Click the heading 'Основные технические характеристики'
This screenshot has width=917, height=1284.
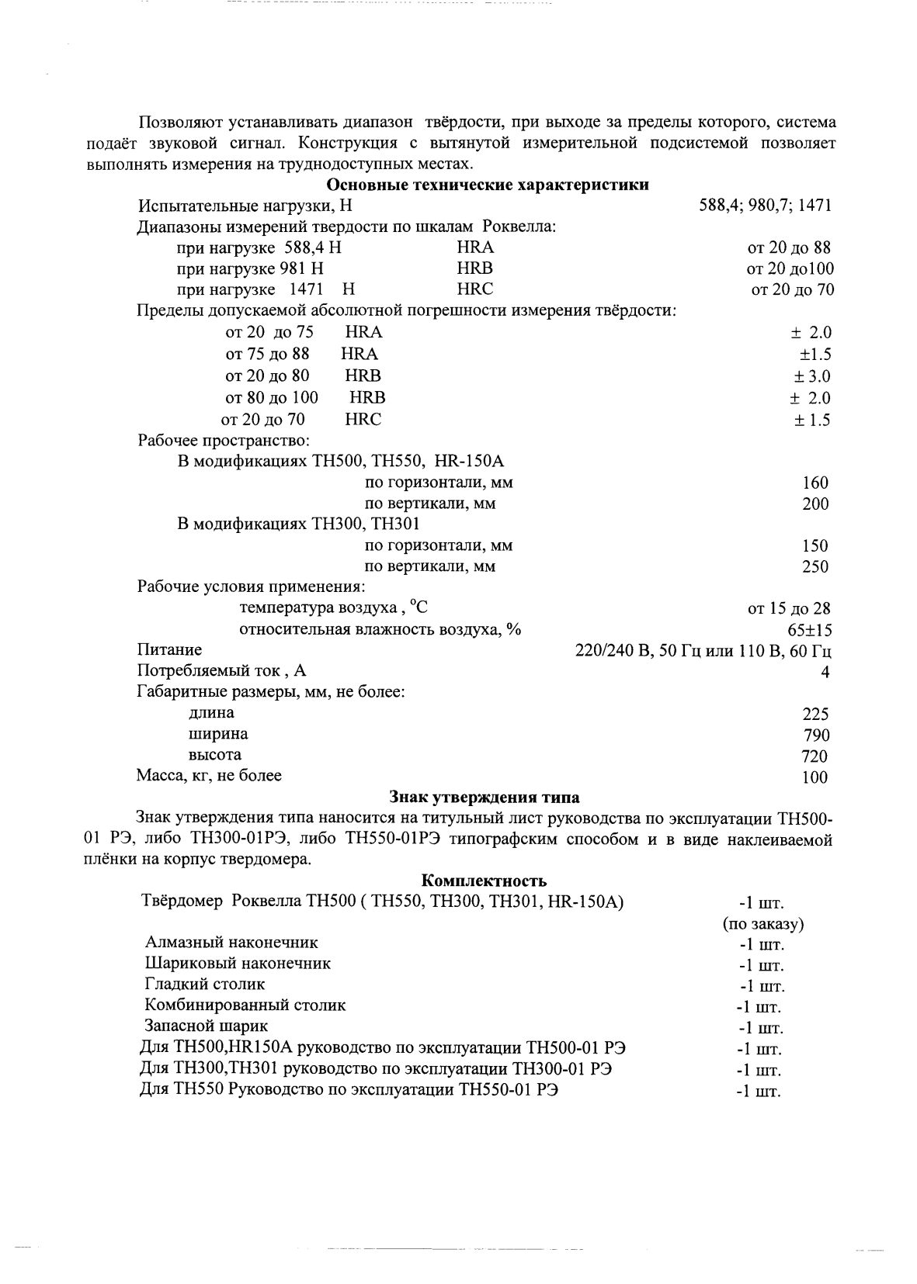tap(488, 185)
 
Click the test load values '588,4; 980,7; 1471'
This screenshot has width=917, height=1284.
tap(766, 206)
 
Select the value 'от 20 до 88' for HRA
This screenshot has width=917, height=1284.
tap(788, 247)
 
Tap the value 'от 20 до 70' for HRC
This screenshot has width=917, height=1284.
tap(791, 289)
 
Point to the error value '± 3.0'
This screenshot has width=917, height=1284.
tap(811, 377)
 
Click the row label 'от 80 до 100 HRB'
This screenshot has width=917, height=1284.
tap(305, 398)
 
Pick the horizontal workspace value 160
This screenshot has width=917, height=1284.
tap(815, 483)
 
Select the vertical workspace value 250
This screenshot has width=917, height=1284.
tap(815, 566)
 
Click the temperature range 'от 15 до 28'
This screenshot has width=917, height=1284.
tap(789, 609)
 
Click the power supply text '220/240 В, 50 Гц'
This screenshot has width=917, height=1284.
tap(637, 651)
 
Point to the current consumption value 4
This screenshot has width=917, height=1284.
tap(825, 673)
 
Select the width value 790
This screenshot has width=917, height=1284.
tap(815, 735)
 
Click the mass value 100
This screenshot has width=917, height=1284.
tap(815, 777)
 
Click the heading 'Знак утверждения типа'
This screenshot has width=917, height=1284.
tap(484, 798)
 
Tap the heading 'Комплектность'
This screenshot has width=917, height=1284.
tap(484, 881)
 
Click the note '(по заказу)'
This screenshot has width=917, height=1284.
tap(762, 924)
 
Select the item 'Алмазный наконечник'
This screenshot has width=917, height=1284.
tap(231, 943)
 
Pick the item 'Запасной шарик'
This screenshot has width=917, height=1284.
tap(207, 1026)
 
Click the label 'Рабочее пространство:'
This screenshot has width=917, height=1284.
tap(224, 440)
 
